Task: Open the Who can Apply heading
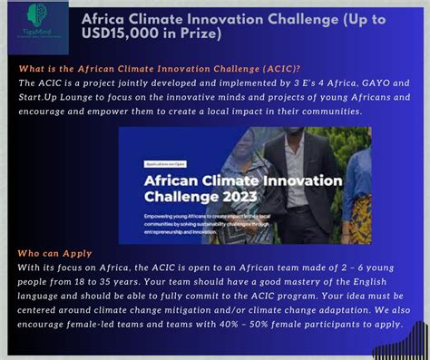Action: point(52,256)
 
